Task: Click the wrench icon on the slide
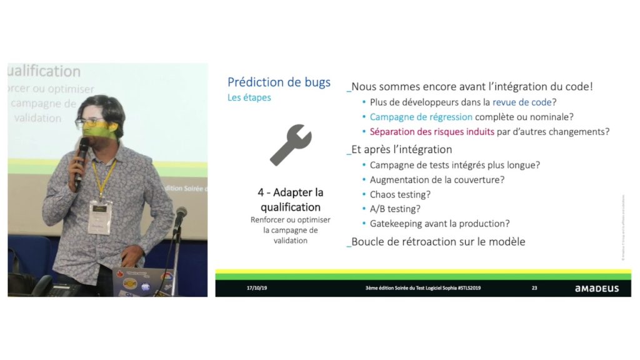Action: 290,145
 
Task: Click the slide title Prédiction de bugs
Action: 279,82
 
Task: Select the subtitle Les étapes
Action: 249,98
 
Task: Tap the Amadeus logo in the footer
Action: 596,289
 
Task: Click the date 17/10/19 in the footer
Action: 257,289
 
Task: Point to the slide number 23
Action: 534,289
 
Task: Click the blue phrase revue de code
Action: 522,102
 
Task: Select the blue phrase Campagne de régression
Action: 421,117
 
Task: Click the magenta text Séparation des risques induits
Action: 432,132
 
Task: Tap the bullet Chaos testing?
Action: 400,194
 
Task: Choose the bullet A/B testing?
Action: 395,209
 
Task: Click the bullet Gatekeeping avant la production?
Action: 439,223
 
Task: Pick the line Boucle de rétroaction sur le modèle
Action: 437,241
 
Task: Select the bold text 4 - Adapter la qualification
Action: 290,199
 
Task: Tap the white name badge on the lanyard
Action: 99,215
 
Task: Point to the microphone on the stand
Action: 180,216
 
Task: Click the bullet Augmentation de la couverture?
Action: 437,179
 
